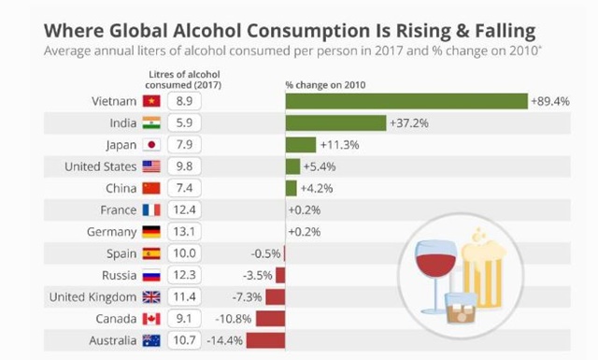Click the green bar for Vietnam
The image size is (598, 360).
pos(406,100)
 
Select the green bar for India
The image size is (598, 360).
pos(335,122)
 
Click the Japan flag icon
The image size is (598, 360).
pos(151,145)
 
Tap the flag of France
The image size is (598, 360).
pos(151,210)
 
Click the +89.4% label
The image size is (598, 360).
pos(550,100)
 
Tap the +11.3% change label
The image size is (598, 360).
pos(339,145)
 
